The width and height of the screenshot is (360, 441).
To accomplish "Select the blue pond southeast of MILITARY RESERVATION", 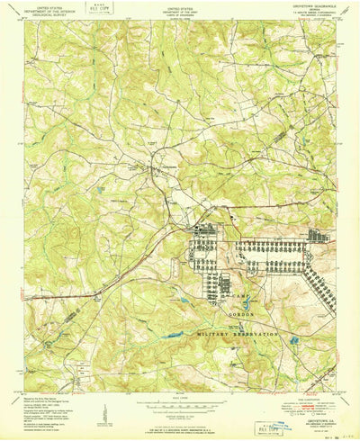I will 293,340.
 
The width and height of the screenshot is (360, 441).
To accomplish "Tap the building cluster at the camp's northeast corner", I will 318,236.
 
